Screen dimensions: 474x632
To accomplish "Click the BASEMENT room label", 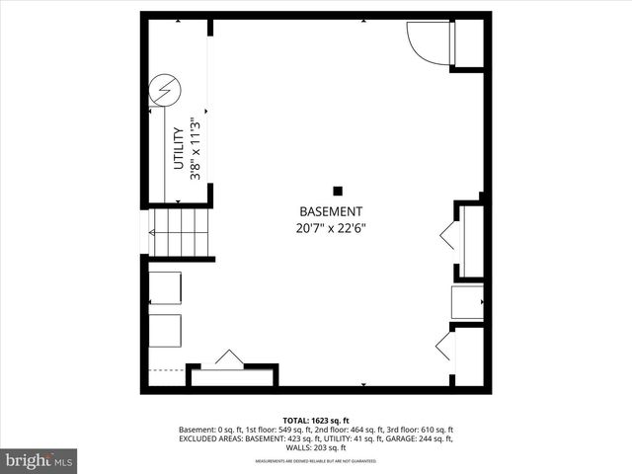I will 331,211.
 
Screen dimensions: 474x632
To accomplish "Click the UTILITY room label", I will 179,148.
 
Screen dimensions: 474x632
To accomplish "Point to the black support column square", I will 338,191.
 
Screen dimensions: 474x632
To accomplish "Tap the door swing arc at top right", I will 428,41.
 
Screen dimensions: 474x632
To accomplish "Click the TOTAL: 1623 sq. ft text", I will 315,420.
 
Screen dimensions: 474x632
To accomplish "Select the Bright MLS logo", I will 39,460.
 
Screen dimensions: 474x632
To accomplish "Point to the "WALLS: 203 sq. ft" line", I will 316,450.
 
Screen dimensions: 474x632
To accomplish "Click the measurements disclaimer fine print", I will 316,461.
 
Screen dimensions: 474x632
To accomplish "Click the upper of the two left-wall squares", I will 165,288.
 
